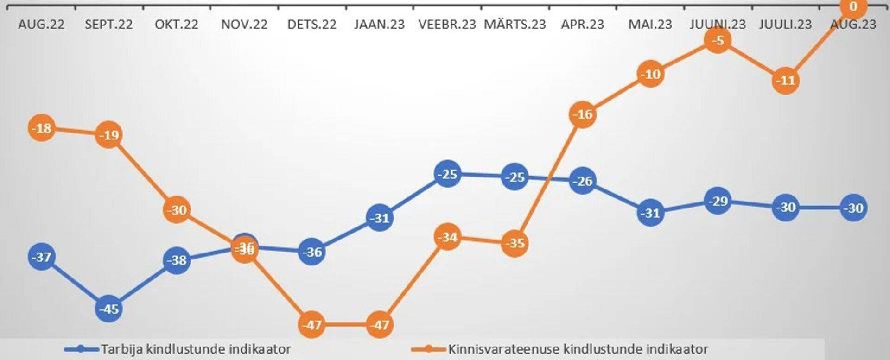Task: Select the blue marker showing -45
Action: pyautogui.click(x=109, y=309)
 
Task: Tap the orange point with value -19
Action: pyautogui.click(x=109, y=135)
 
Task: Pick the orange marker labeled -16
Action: pyautogui.click(x=583, y=114)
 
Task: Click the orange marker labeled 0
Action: pyautogui.click(x=853, y=7)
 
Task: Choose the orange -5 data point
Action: pyautogui.click(x=718, y=40)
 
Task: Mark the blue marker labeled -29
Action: pyautogui.click(x=718, y=201)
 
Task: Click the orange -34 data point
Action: pyautogui.click(x=447, y=237)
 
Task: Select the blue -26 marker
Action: pyautogui.click(x=583, y=181)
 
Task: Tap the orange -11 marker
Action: pyautogui.click(x=786, y=81)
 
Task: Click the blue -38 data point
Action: pyautogui.click(x=177, y=260)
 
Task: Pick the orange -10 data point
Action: pyautogui.click(x=650, y=74)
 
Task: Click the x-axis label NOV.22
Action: pyautogui.click(x=244, y=25)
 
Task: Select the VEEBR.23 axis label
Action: pyautogui.click(x=447, y=25)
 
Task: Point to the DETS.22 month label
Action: pyautogui.click(x=312, y=25)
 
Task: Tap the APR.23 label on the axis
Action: pyautogui.click(x=583, y=25)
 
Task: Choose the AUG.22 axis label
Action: pyautogui.click(x=41, y=25)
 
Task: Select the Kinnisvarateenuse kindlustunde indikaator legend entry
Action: pyautogui.click(x=578, y=349)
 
